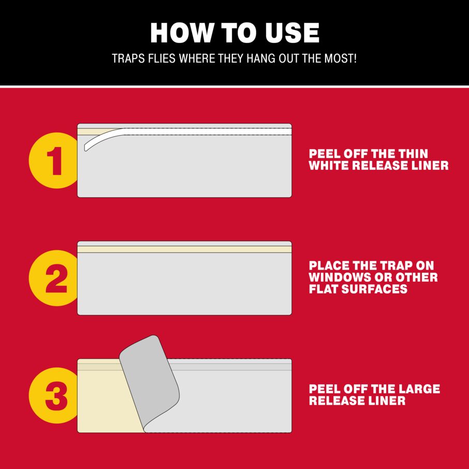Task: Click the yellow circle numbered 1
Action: coord(54,160)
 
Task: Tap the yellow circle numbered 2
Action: coord(54,278)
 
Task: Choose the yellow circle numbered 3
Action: coord(54,395)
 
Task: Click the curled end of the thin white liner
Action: coord(87,146)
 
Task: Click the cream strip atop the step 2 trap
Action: coord(185,249)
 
